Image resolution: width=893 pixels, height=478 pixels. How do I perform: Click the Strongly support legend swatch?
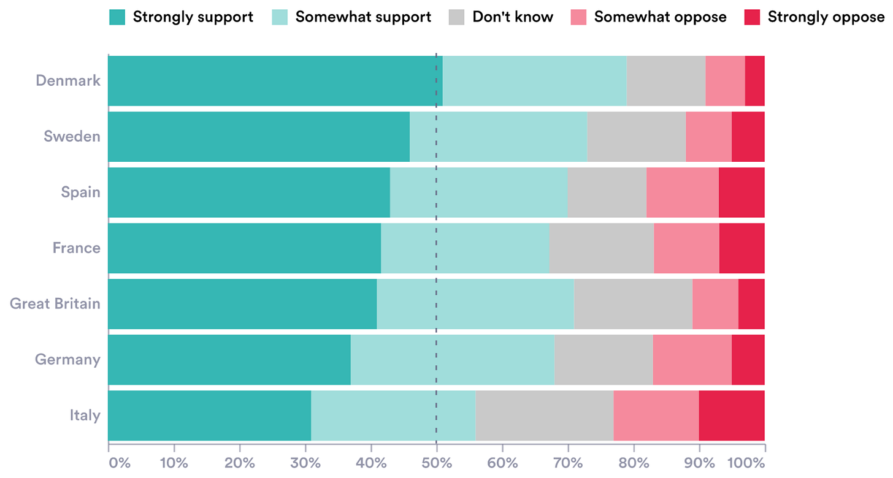[x=117, y=17]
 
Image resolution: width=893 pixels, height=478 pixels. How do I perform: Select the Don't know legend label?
[x=512, y=17]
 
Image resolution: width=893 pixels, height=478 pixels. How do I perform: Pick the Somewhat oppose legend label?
[x=660, y=17]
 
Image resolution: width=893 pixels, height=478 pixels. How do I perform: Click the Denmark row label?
[x=67, y=80]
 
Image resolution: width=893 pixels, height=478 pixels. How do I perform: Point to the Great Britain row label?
[x=55, y=303]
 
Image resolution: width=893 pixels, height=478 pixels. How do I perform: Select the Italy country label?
[x=85, y=415]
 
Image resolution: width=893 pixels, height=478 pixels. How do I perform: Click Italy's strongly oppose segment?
[x=732, y=415]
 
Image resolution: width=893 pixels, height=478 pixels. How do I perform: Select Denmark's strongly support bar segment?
[x=275, y=81]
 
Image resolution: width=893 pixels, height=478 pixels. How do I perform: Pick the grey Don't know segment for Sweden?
[x=636, y=137]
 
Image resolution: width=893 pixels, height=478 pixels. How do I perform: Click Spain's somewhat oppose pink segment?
[x=682, y=192]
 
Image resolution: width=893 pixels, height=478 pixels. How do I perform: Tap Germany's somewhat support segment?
[x=452, y=360]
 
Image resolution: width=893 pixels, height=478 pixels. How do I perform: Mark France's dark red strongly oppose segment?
[x=742, y=248]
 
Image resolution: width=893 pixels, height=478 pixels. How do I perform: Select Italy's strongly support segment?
[x=209, y=415]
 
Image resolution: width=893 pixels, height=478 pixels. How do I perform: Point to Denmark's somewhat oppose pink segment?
[x=725, y=81]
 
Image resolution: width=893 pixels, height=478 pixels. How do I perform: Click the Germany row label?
[x=67, y=359]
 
